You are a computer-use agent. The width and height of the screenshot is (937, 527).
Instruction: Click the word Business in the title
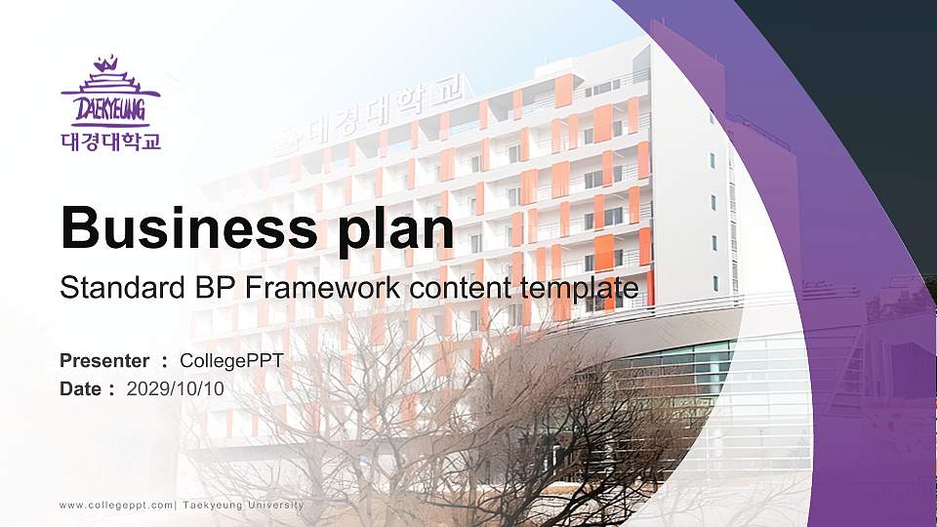(183, 228)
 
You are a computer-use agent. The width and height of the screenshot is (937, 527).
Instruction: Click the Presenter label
(104, 361)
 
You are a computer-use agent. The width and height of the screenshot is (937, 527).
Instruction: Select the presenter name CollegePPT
(232, 361)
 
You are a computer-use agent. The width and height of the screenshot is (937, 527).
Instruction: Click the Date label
(81, 389)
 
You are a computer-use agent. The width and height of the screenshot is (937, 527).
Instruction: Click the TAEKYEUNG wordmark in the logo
(109, 106)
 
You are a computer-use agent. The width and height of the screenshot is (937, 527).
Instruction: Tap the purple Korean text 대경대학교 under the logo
(109, 142)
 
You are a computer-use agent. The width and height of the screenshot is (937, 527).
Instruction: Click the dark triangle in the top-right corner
(878, 59)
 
